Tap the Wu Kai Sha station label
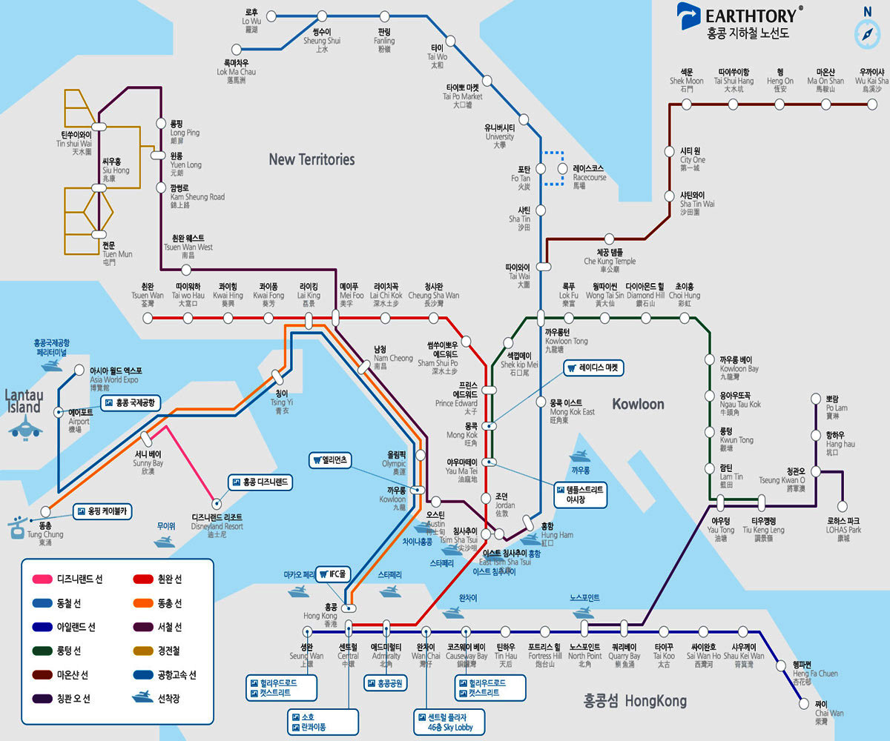pyautogui.click(x=871, y=80)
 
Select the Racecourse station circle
pyautogui.click(x=562, y=168)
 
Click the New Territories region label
pyautogui.click(x=311, y=159)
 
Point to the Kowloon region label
pyautogui.click(x=638, y=404)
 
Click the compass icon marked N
pyautogui.click(x=866, y=33)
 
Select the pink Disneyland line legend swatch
pyautogui.click(x=42, y=579)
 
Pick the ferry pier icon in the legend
pyautogui.click(x=143, y=698)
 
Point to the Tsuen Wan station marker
pyautogui.click(x=148, y=318)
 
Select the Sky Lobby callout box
pyautogui.click(x=450, y=722)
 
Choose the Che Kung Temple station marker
pyautogui.click(x=610, y=239)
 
